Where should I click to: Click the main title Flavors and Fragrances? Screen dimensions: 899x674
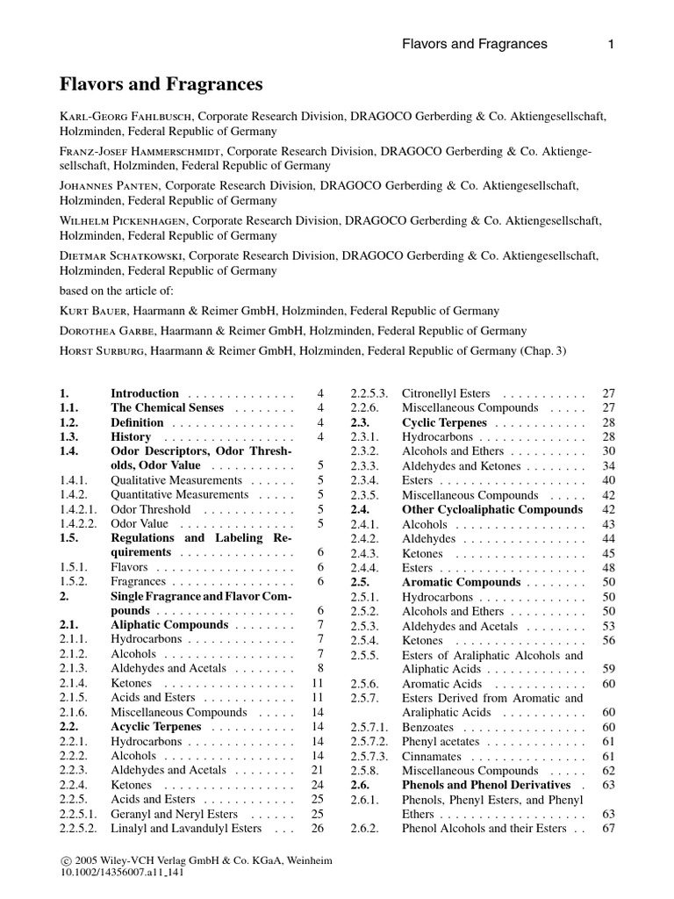pyautogui.click(x=162, y=84)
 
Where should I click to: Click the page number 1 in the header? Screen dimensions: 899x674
pyautogui.click(x=610, y=44)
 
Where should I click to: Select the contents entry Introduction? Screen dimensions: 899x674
pyautogui.click(x=144, y=393)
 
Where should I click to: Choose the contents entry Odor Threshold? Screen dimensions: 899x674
pyautogui.click(x=150, y=509)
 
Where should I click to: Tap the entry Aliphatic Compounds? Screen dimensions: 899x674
pyautogui.click(x=168, y=625)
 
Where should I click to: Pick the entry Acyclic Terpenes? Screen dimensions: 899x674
pyautogui.click(x=155, y=727)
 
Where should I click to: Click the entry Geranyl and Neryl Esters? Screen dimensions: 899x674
pyautogui.click(x=175, y=814)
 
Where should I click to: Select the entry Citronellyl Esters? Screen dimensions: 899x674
pyautogui.click(x=446, y=393)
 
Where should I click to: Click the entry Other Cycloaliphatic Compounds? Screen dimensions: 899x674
pyautogui.click(x=491, y=509)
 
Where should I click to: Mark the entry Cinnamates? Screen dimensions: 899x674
pyautogui.click(x=430, y=756)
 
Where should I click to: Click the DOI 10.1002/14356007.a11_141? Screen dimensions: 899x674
pyautogui.click(x=127, y=874)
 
